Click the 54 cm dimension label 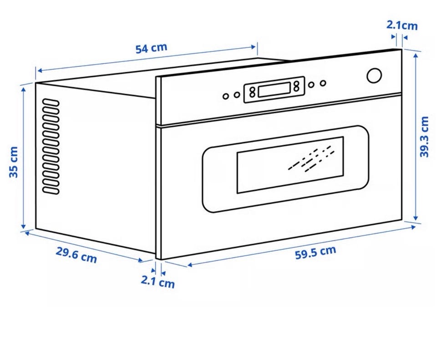click(x=151, y=48)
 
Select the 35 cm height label click(x=13, y=162)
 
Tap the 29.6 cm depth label click(x=76, y=255)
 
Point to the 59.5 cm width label click(x=315, y=253)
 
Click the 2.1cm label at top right click(x=402, y=25)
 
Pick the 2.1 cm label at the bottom click(x=158, y=281)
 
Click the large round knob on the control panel click(x=374, y=76)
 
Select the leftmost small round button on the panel click(x=226, y=96)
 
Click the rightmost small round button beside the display click(x=323, y=83)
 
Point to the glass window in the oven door click(x=290, y=165)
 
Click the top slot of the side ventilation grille click(x=51, y=102)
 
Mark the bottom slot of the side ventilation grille click(x=51, y=191)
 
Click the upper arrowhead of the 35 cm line click(x=23, y=89)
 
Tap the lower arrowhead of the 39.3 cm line click(x=416, y=218)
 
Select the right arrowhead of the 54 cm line click(x=254, y=47)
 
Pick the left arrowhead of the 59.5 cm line click(x=190, y=265)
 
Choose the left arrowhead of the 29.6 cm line click(x=27, y=233)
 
